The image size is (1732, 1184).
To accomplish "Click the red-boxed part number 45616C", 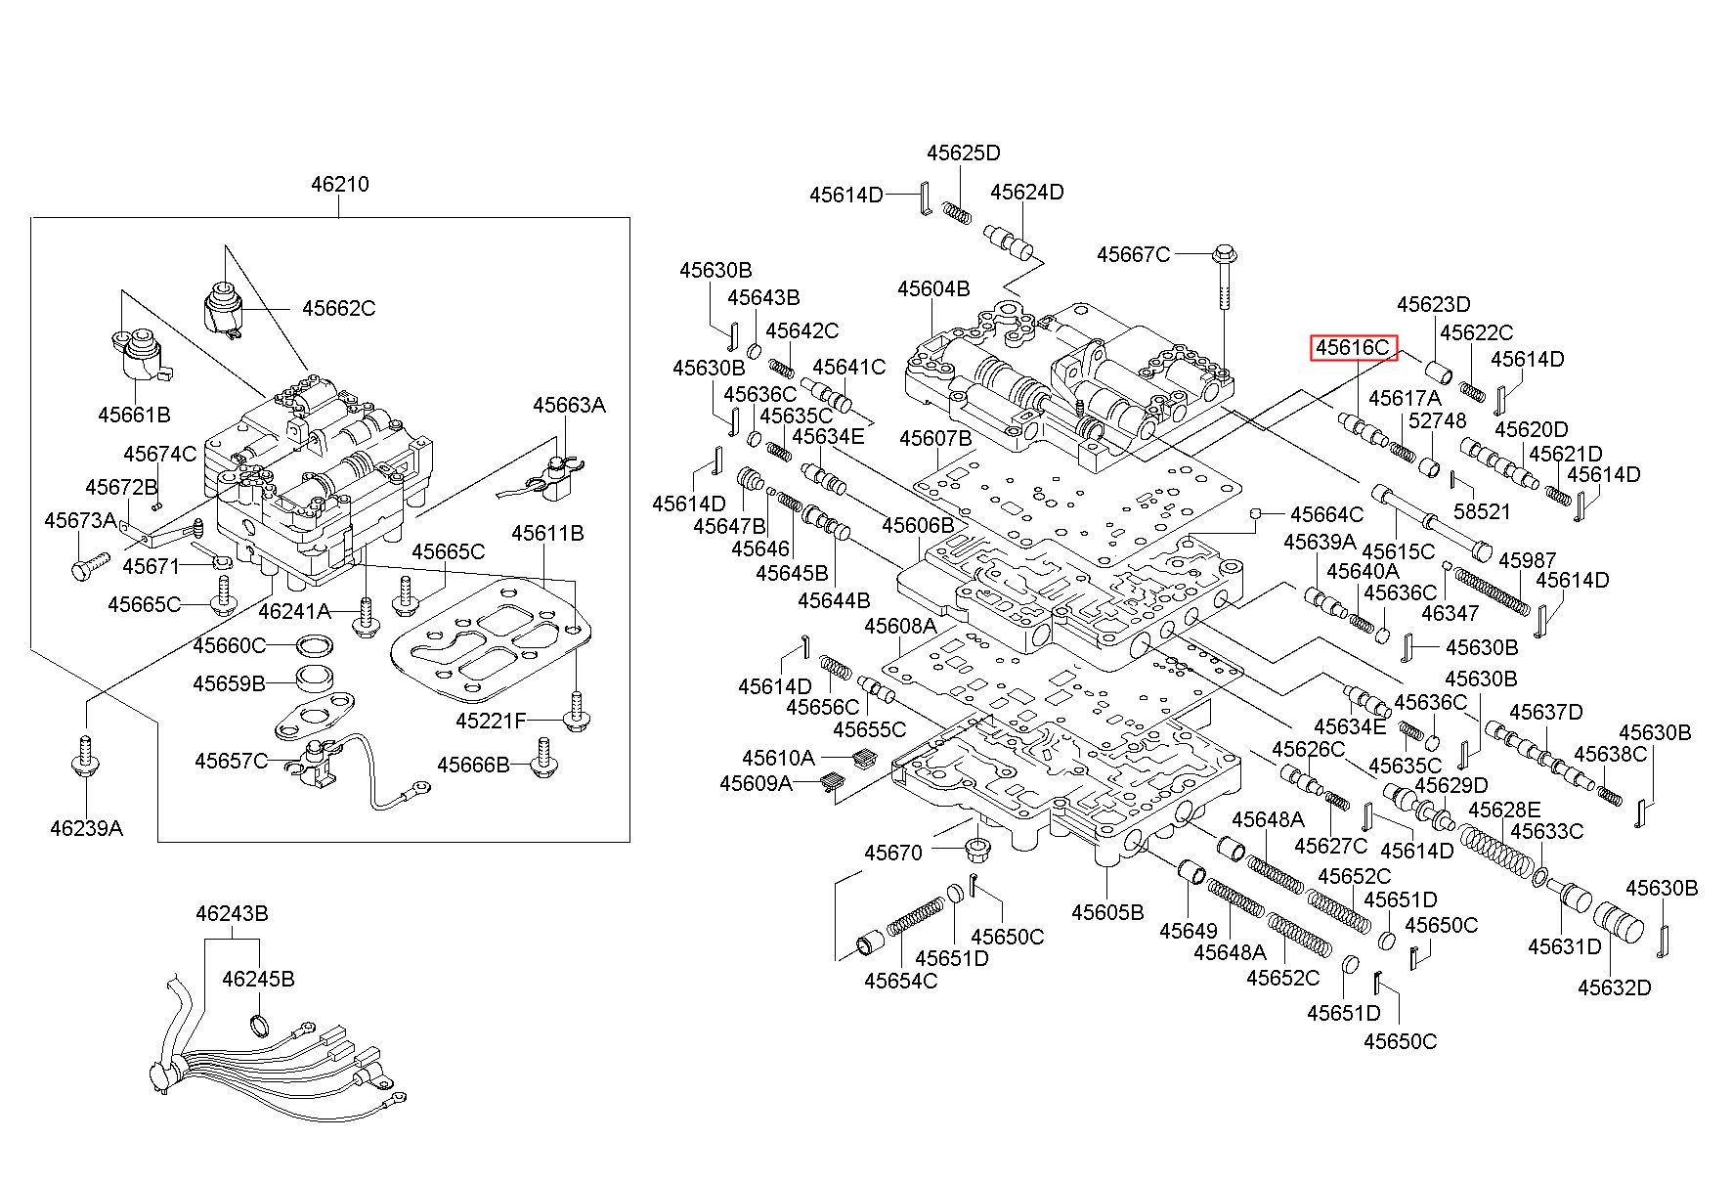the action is pos(1352,347).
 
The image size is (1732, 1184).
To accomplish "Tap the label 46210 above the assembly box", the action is pos(340,184).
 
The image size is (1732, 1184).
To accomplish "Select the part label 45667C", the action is pos(1133,254).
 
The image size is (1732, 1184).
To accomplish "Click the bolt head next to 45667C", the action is pos(1222,254).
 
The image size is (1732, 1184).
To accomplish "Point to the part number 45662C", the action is pos(338,308).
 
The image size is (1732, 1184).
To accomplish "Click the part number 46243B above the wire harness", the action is pos(232,914).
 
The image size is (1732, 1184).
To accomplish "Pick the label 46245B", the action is pos(258,979).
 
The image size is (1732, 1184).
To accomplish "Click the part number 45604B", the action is pos(934,288).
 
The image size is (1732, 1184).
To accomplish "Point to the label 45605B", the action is pos(1107,912).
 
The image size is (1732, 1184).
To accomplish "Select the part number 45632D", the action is pos(1615,987).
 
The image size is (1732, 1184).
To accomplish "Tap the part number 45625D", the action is pos(964,153).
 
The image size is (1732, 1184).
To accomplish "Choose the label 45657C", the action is pos(231,761).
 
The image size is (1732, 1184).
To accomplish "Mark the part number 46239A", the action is pos(87,829).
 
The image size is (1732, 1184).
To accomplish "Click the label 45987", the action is pos(1527,560).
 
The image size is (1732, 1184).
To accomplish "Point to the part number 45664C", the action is pos(1326,514).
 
